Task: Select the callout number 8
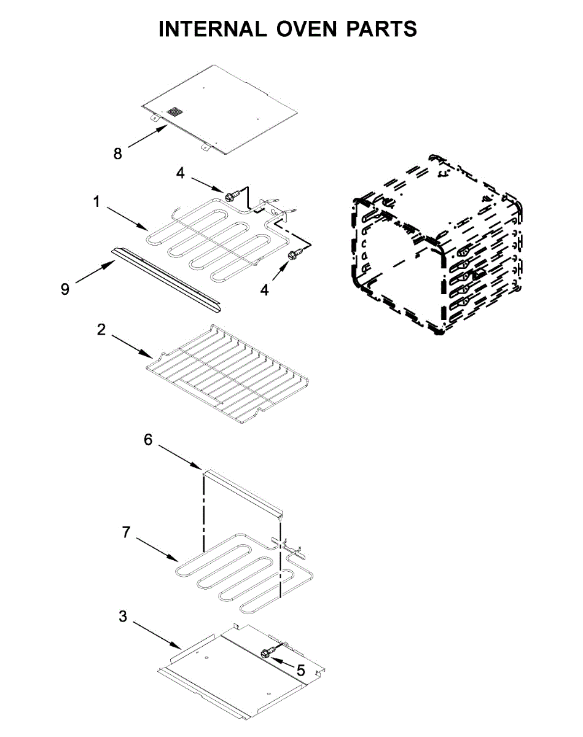(118, 153)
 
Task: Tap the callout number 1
(96, 201)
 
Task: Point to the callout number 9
(65, 288)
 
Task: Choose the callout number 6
(147, 439)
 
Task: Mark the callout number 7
(126, 532)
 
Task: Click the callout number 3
(123, 616)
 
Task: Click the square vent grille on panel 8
(175, 112)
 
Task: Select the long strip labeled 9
(166, 276)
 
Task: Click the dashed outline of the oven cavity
(436, 246)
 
